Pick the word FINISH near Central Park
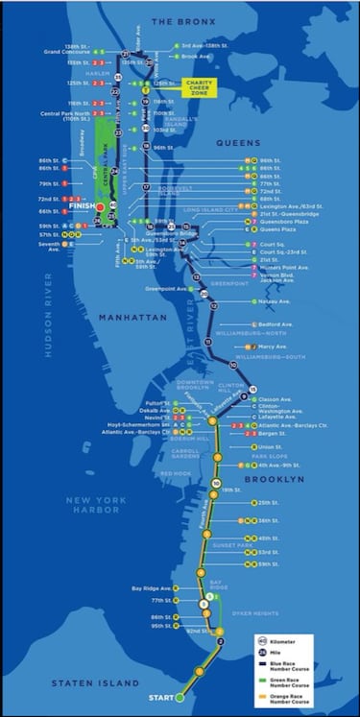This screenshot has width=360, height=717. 81,204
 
